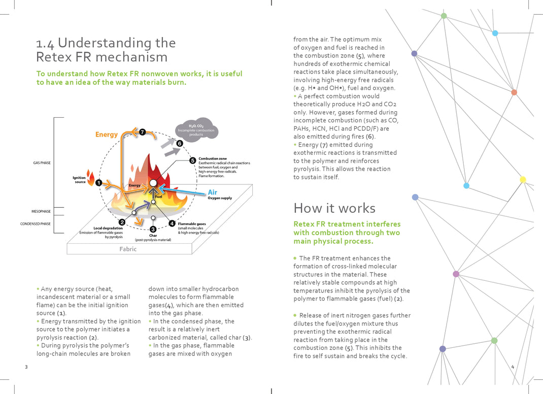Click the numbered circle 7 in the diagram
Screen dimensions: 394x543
(x=143, y=132)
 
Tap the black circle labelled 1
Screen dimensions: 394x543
(x=98, y=183)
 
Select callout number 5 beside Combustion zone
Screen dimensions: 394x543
(x=193, y=160)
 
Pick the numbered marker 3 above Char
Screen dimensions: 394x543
(x=153, y=229)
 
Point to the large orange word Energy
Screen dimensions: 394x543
(x=107, y=135)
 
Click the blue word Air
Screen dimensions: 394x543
(x=213, y=192)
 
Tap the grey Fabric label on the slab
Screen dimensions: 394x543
(x=128, y=249)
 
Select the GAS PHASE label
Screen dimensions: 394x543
(x=42, y=162)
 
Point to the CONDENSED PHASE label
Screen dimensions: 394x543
(x=36, y=223)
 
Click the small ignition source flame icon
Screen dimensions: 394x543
(x=91, y=178)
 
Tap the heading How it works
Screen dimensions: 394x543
(x=334, y=208)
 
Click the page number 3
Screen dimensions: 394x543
(x=25, y=367)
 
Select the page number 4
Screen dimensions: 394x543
(x=513, y=367)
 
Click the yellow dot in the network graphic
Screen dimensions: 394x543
(x=523, y=179)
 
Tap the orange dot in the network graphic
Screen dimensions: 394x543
(x=514, y=92)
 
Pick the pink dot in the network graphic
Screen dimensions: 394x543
(x=456, y=274)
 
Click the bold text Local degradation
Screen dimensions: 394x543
(x=108, y=228)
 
